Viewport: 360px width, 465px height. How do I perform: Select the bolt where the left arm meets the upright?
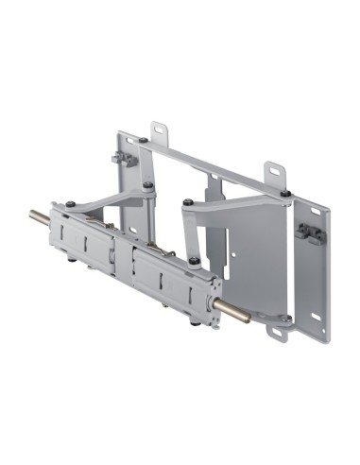(x=147, y=185)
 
